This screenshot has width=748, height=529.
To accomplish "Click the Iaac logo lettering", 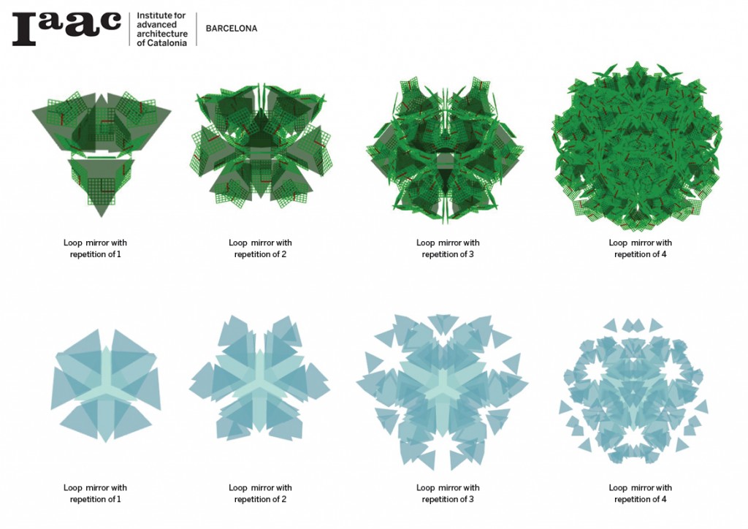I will [66, 28].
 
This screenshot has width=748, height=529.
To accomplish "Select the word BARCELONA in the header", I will [231, 29].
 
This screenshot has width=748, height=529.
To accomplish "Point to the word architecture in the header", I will [162, 34].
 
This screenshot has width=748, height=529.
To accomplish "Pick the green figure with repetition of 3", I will [447, 146].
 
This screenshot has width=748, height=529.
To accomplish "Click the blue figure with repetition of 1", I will [105, 384].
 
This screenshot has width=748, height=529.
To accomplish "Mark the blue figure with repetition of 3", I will [443, 387].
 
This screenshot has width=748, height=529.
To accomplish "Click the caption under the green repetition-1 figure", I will [95, 248].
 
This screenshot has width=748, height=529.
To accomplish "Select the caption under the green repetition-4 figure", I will [640, 248].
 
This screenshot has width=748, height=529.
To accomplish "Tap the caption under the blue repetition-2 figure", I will [260, 493].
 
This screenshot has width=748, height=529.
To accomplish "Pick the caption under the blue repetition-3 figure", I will [448, 493].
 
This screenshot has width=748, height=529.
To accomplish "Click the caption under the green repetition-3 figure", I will [448, 248].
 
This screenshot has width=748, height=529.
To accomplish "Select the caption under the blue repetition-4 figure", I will [640, 493].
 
